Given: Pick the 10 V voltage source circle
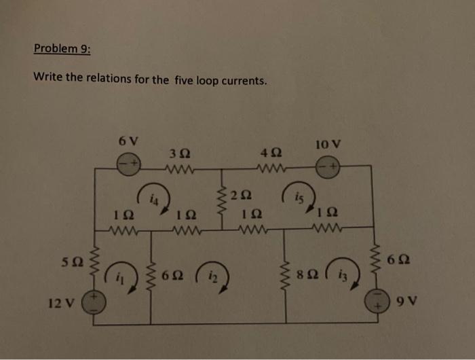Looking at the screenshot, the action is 329,165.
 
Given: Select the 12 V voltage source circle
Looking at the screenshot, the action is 92,300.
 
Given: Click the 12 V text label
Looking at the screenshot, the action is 60,301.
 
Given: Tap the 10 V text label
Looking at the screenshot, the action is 329,144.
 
